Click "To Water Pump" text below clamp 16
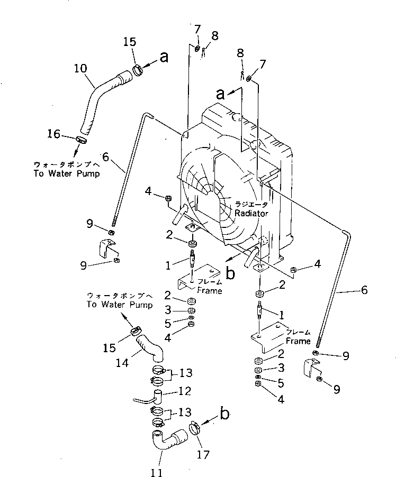67,173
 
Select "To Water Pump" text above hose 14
120,305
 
